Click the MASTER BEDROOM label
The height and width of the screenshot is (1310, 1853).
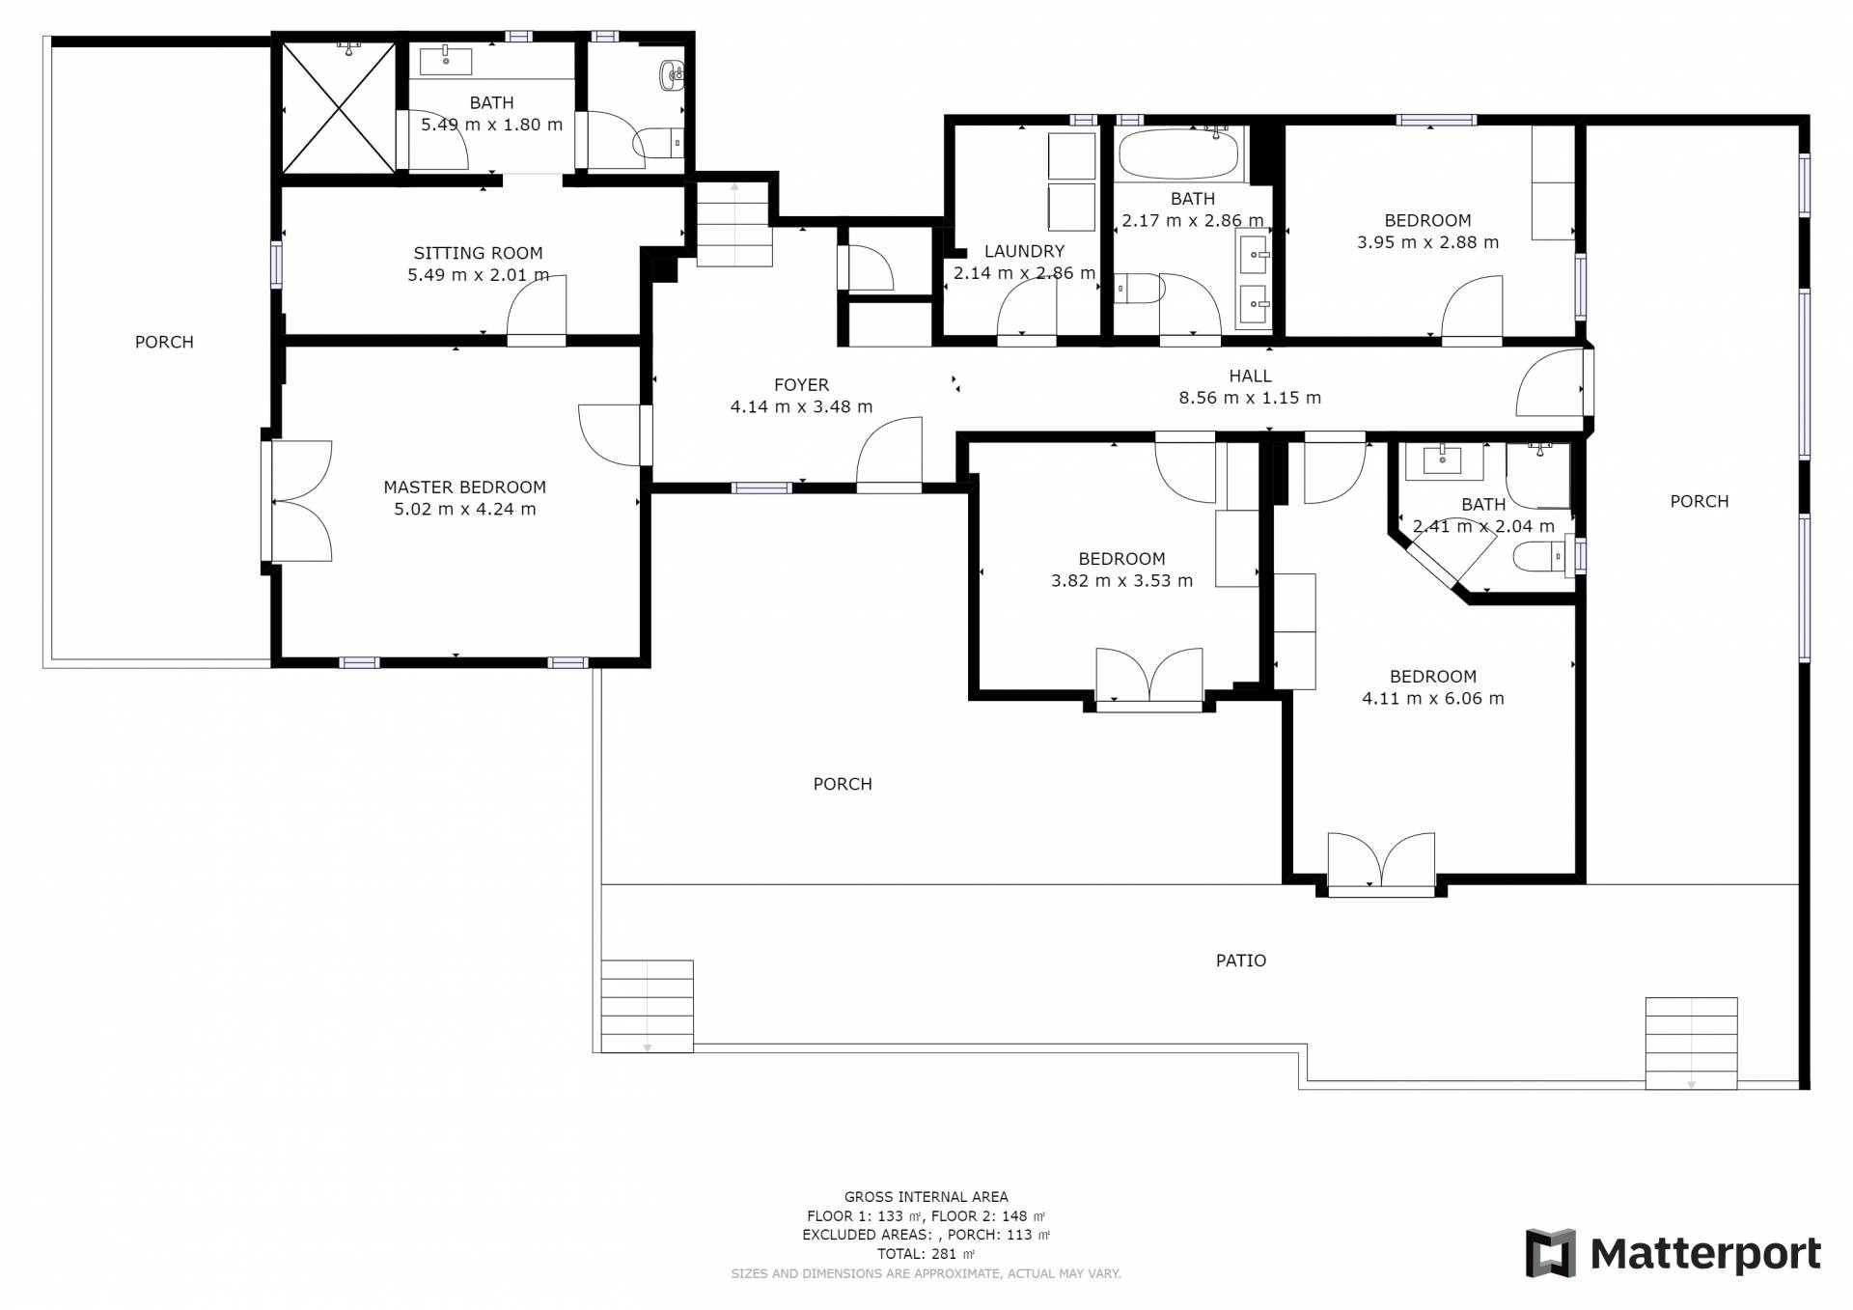click(464, 488)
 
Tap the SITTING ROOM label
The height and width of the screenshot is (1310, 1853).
click(478, 253)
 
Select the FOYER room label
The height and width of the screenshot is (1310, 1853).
click(801, 385)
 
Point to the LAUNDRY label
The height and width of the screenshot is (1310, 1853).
click(1024, 251)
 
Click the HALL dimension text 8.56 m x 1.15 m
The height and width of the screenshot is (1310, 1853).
click(1250, 398)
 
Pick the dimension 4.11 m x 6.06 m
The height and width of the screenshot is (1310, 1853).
click(1432, 699)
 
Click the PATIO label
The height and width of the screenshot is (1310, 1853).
click(1241, 961)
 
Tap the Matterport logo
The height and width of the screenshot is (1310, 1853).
click(1673, 1254)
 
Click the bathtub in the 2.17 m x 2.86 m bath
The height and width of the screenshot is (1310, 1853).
click(1177, 154)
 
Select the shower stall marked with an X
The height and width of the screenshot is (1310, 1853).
click(339, 107)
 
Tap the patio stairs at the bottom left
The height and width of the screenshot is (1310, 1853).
click(647, 1006)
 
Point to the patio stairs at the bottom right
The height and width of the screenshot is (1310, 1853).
click(1691, 1044)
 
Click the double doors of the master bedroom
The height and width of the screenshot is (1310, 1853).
click(297, 501)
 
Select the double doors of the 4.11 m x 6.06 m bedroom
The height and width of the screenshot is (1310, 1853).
click(1381, 863)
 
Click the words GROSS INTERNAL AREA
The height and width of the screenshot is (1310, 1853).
click(926, 1197)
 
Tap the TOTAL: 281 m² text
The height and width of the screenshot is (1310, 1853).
click(926, 1254)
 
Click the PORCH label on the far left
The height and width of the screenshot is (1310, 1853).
click(164, 342)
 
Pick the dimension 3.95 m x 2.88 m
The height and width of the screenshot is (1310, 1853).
click(1427, 242)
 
